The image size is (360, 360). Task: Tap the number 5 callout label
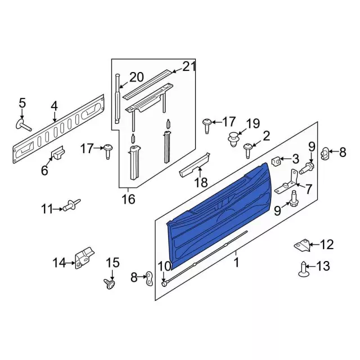click(22, 103)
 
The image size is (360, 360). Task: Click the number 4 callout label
click(54, 105)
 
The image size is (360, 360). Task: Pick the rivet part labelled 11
click(72, 206)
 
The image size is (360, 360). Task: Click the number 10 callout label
click(164, 266)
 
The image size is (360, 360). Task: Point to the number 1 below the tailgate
click(236, 262)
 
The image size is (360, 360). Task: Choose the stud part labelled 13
click(304, 270)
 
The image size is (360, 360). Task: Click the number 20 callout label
click(137, 78)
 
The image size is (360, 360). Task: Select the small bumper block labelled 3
click(276, 161)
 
